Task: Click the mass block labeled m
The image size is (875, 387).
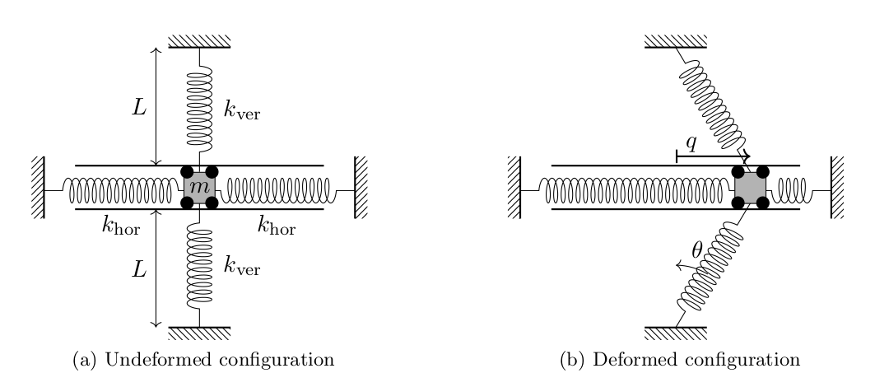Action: [199, 189]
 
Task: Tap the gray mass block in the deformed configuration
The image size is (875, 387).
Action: [750, 189]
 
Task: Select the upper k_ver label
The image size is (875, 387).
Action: [242, 110]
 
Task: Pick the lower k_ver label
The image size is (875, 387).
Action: [242, 266]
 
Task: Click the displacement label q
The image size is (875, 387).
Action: [692, 143]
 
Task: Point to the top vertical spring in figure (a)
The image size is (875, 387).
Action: [199, 107]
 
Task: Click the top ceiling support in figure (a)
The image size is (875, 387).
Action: [199, 41]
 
